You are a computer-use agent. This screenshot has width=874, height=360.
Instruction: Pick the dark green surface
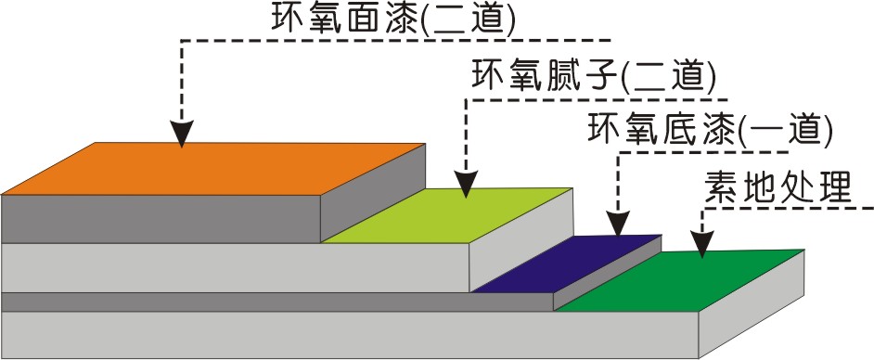click(687, 278)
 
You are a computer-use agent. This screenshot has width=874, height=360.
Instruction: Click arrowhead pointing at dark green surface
click(702, 244)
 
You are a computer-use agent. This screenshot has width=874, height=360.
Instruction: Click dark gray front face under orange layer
click(162, 219)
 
